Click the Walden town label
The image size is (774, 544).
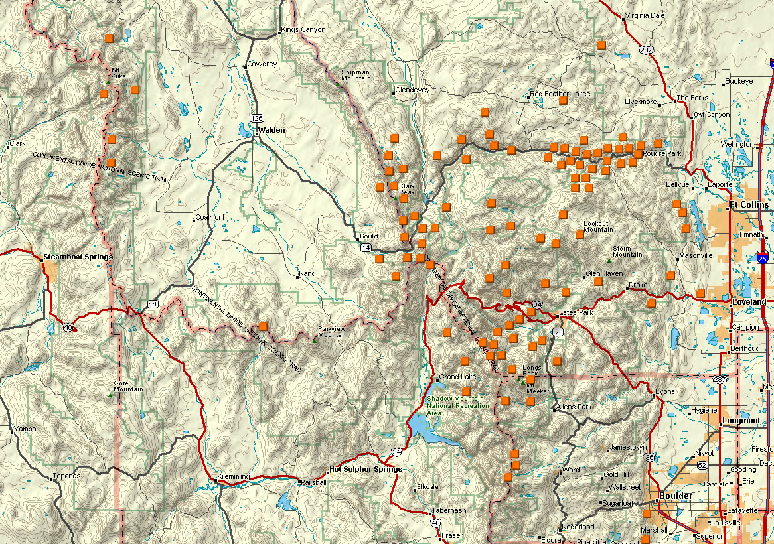point(272,131)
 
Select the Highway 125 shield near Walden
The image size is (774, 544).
point(257,117)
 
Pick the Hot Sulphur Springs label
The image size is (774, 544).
point(365,469)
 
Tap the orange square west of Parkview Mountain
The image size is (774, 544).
point(264,326)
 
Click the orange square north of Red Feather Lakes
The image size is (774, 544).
point(601,45)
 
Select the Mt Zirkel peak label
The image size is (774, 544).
point(119,73)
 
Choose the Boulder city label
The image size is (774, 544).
point(676,496)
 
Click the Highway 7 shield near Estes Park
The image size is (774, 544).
point(558,331)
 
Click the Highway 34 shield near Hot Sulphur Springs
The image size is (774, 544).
point(396,452)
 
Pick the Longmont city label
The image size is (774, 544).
point(740,421)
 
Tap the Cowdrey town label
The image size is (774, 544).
point(261,64)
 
